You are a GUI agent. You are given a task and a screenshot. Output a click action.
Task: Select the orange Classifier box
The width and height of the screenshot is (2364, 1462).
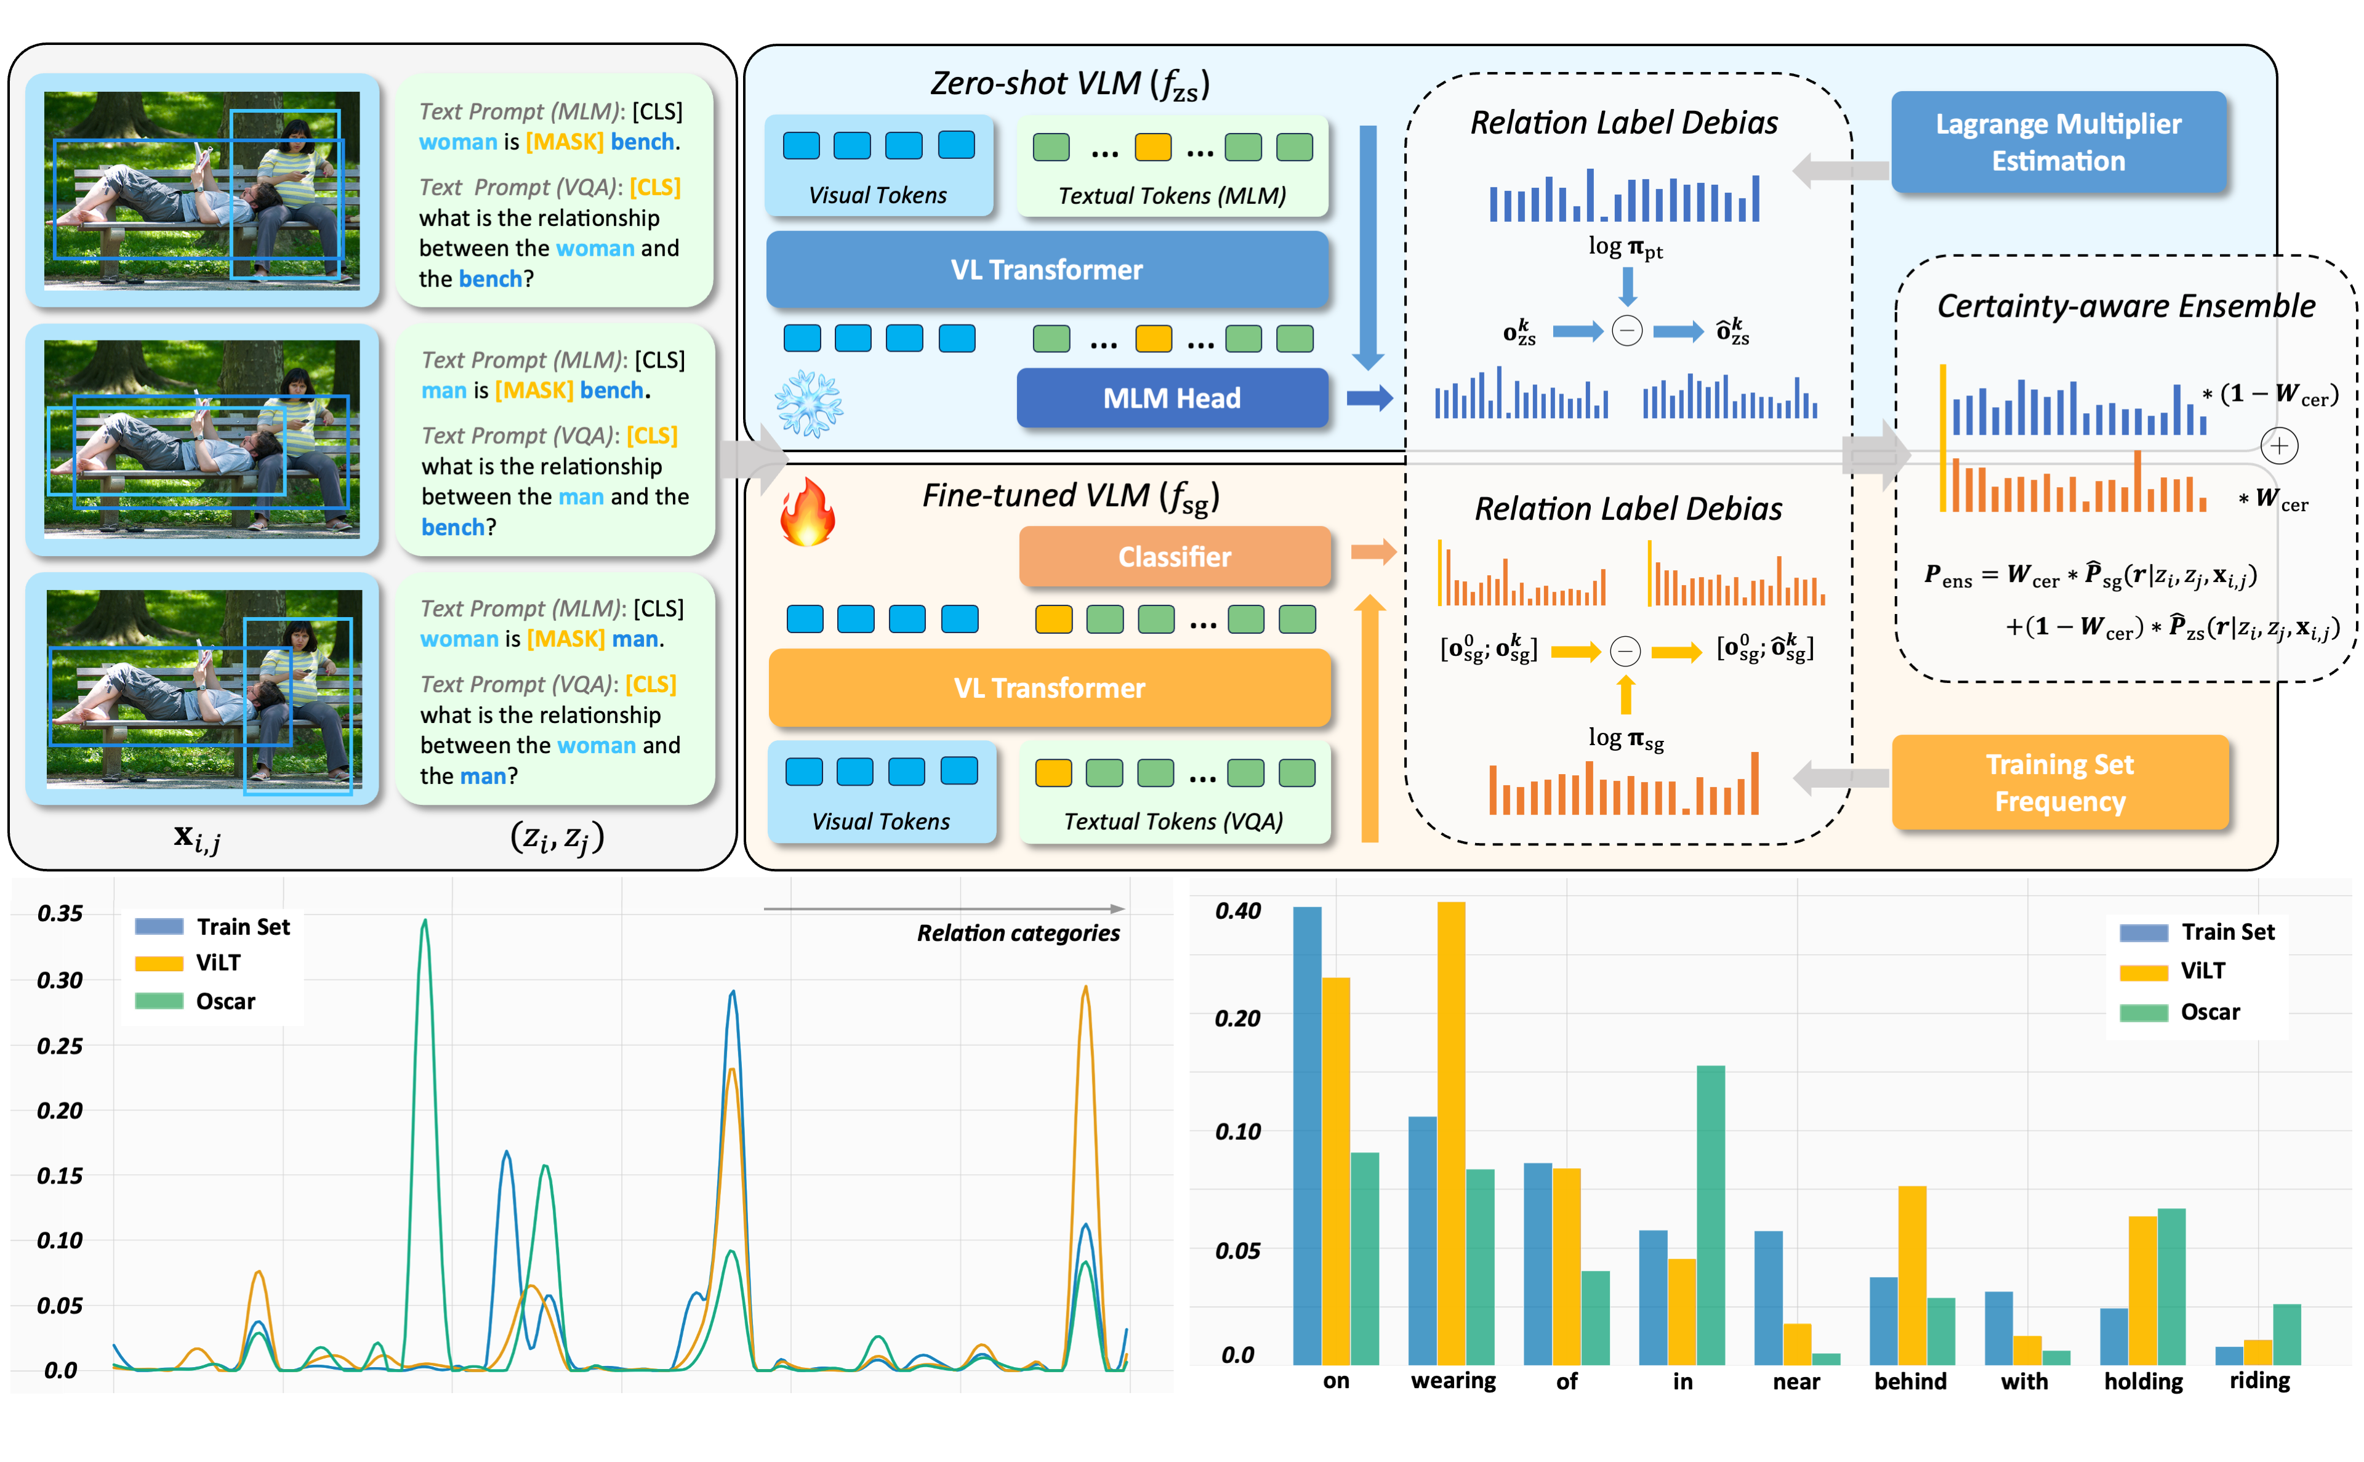(1173, 557)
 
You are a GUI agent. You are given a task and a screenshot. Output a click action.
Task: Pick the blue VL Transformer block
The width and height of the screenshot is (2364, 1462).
(1046, 270)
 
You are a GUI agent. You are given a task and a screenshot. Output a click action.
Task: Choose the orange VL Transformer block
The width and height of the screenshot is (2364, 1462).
(1048, 687)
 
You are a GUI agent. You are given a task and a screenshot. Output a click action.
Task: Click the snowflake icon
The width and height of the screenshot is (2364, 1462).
(808, 404)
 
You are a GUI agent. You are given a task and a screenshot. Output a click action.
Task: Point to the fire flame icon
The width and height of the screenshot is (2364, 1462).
(807, 512)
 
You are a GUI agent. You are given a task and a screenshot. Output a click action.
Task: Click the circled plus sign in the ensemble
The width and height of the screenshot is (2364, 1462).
(2278, 446)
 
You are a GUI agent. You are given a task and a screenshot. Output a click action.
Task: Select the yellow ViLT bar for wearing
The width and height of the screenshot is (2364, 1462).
(1450, 1131)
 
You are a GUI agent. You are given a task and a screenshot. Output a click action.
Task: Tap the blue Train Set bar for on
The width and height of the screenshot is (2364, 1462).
(1307, 1136)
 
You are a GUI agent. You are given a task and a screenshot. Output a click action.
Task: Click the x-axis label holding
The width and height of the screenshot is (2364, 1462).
(2142, 1381)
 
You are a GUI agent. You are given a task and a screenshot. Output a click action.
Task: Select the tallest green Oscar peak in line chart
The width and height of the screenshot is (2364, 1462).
(424, 923)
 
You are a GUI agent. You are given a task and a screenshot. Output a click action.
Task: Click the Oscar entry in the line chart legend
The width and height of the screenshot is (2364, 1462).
(224, 1001)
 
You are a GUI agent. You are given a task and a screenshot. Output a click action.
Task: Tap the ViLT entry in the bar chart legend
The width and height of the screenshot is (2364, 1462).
(2201, 971)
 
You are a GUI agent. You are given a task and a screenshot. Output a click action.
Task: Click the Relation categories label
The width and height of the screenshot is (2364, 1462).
(1018, 933)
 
